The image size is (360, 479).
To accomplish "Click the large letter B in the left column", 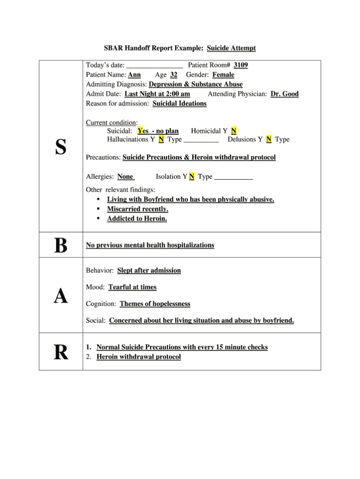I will pyautogui.click(x=60, y=245).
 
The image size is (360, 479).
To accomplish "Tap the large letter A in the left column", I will pyautogui.click(x=60, y=296).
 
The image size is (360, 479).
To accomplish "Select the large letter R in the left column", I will pyautogui.click(x=60, y=352).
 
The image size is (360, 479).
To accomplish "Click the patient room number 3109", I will pyautogui.click(x=240, y=65).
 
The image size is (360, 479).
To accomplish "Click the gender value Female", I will pyautogui.click(x=223, y=75).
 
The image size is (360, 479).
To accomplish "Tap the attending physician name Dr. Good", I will pyautogui.click(x=285, y=94).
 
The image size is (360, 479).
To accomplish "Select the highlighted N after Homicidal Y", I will pyautogui.click(x=234, y=131).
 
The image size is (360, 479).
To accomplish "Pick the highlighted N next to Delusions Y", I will pyautogui.click(x=269, y=139).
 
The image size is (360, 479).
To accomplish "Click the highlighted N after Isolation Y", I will pyautogui.click(x=192, y=177).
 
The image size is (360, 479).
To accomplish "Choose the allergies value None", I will pyautogui.click(x=126, y=177).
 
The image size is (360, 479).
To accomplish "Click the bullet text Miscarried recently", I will pyautogui.click(x=137, y=209).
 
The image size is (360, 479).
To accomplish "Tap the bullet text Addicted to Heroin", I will pyautogui.click(x=137, y=219).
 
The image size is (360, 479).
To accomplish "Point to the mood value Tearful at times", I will pyautogui.click(x=132, y=287).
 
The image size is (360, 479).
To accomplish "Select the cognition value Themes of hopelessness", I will pyautogui.click(x=155, y=304).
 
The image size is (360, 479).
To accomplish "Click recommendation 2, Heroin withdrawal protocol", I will pyautogui.click(x=138, y=357).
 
